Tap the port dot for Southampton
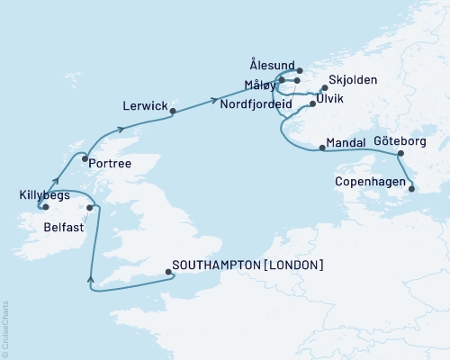click(168, 267)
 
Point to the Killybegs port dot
click(44, 207)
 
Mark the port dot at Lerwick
click(173, 112)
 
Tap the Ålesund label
click(271, 65)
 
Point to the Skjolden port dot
click(323, 88)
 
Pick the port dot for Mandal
click(321, 147)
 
